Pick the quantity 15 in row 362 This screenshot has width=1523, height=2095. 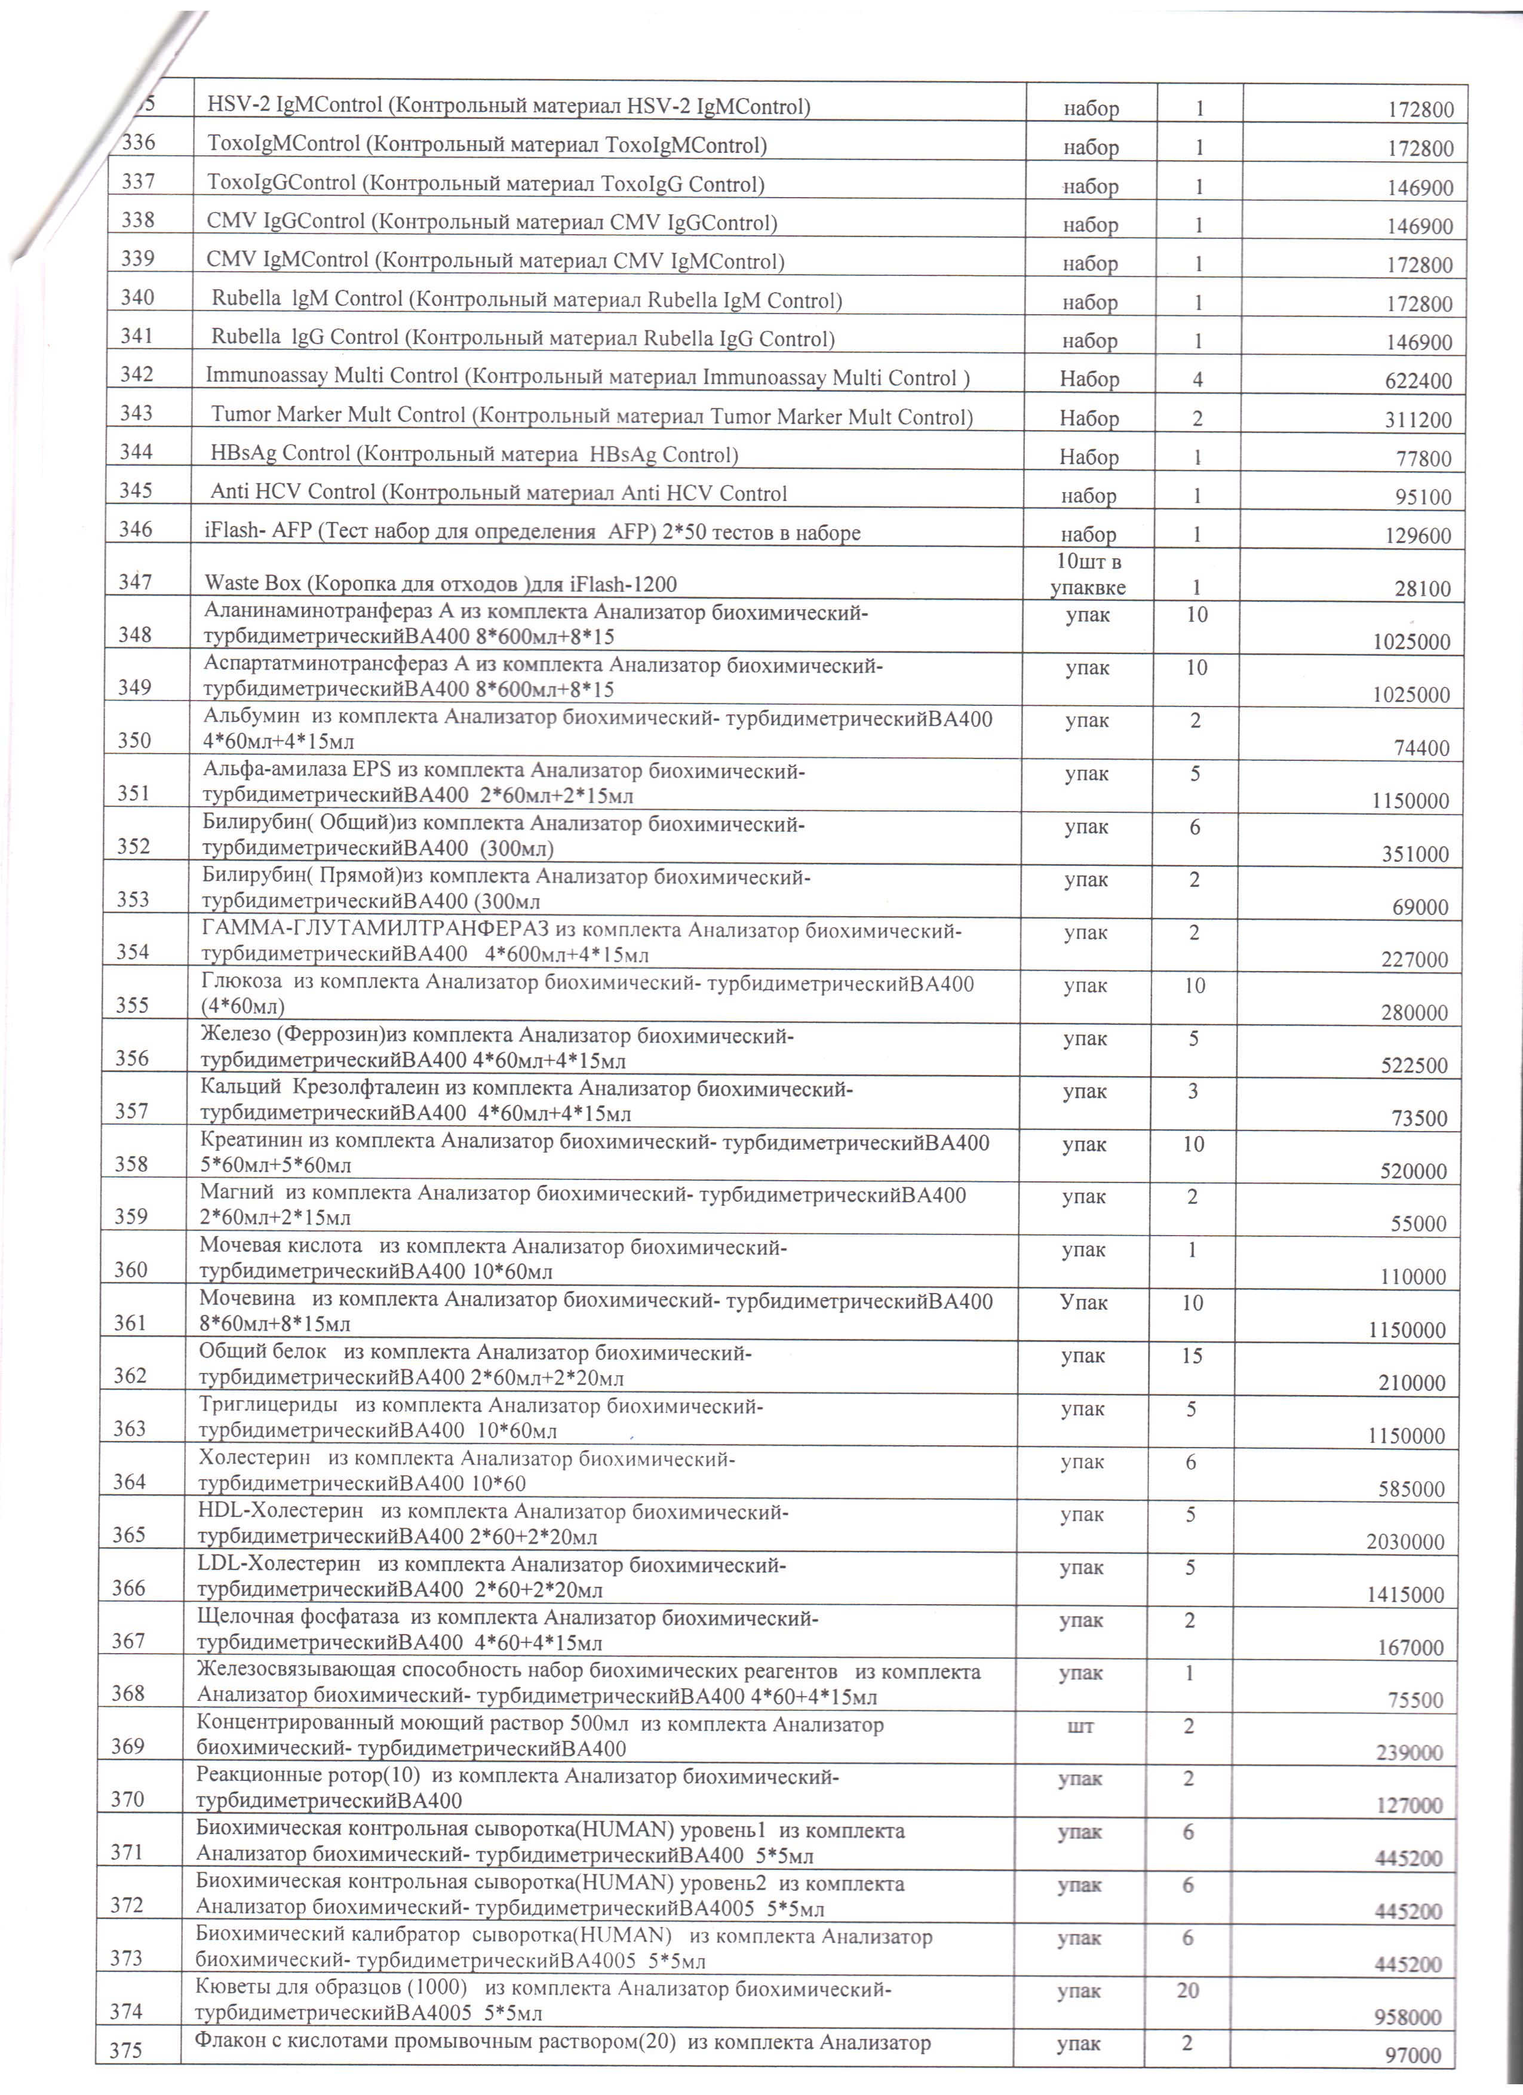point(1192,1356)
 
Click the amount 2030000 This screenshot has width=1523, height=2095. point(1405,1542)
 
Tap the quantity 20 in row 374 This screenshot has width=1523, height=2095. point(1188,1990)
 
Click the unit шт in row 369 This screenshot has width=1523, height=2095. point(1080,1725)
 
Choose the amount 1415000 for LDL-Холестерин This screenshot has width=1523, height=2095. point(1405,1595)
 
